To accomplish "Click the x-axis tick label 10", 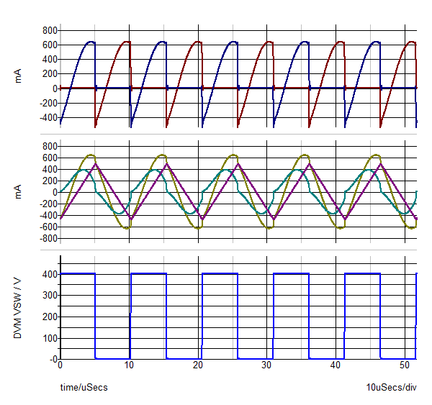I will (130, 365).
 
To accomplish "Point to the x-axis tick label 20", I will (198, 365).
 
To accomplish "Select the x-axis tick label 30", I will (267, 365).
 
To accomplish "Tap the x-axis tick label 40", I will (336, 365).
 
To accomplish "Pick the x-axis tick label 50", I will (405, 365).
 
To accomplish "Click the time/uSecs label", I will (84, 388).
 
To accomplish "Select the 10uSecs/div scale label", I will (392, 388).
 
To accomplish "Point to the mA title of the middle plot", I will (19, 192).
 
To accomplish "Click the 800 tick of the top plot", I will (50, 30).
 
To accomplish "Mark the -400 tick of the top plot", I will (48, 117).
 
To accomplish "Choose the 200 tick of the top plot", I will (50, 73).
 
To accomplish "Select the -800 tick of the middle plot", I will (48, 238).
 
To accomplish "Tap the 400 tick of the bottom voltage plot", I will (50, 274).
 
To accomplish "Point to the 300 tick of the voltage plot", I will (50, 295).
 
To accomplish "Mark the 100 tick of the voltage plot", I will (50, 337).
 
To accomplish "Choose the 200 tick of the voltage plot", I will (50, 317).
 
